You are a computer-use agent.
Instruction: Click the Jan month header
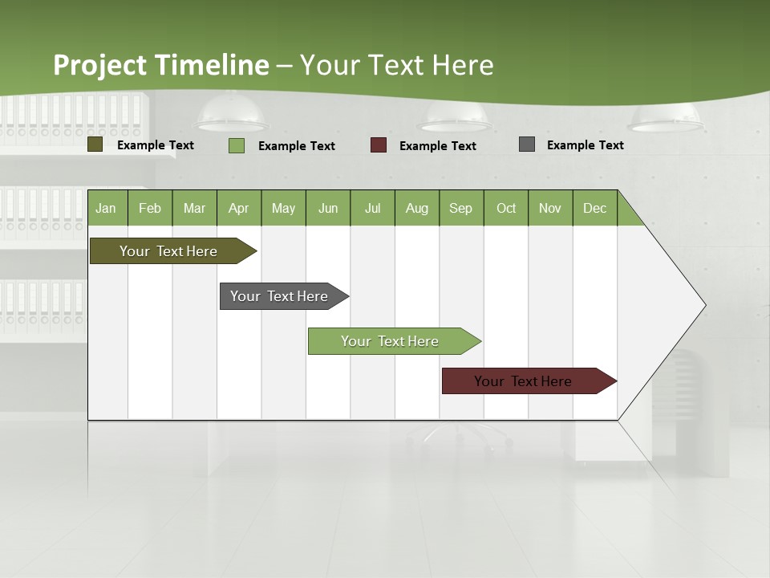tap(106, 208)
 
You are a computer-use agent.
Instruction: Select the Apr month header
tap(238, 208)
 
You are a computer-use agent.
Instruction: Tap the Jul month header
tap(372, 208)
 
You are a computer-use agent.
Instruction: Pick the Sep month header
tap(460, 208)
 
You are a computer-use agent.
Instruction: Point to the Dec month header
tap(594, 208)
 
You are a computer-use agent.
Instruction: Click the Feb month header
tap(150, 208)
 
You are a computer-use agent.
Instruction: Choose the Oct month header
tap(506, 208)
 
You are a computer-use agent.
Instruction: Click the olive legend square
tap(95, 144)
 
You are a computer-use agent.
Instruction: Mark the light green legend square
tap(237, 145)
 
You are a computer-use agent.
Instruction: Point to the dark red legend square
tap(379, 145)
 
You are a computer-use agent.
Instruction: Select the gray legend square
tap(527, 144)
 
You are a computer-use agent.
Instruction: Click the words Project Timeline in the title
tap(161, 65)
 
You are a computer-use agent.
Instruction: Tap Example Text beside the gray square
tap(585, 145)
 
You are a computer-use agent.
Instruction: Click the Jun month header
tap(328, 208)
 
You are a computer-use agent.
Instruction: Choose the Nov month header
tap(550, 208)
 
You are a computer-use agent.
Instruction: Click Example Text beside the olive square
tap(156, 145)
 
